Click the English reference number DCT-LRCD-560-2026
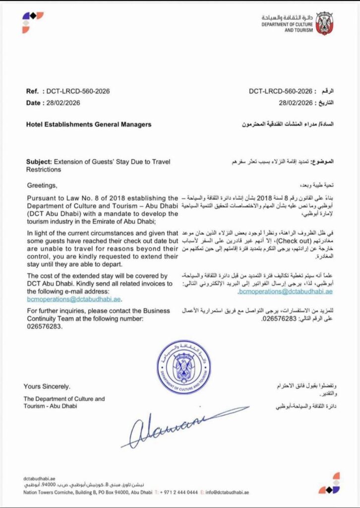click(78, 91)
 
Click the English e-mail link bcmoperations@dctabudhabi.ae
click(74, 300)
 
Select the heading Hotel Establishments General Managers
click(88, 125)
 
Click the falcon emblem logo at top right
click(325, 23)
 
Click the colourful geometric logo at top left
click(33, 22)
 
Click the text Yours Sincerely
click(47, 386)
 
